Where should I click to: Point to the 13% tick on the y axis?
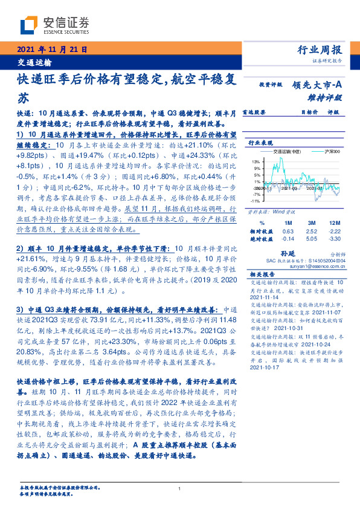point(256,161)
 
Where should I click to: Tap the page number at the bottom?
point(179,490)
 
